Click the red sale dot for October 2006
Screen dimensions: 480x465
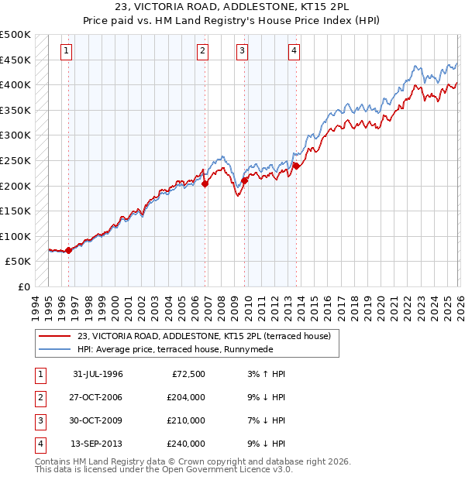coord(205,184)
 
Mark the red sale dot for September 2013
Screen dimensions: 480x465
coord(296,166)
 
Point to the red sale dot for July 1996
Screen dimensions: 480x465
coord(69,250)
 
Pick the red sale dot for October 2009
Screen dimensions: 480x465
coord(245,181)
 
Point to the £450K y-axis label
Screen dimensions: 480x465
coord(15,60)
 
